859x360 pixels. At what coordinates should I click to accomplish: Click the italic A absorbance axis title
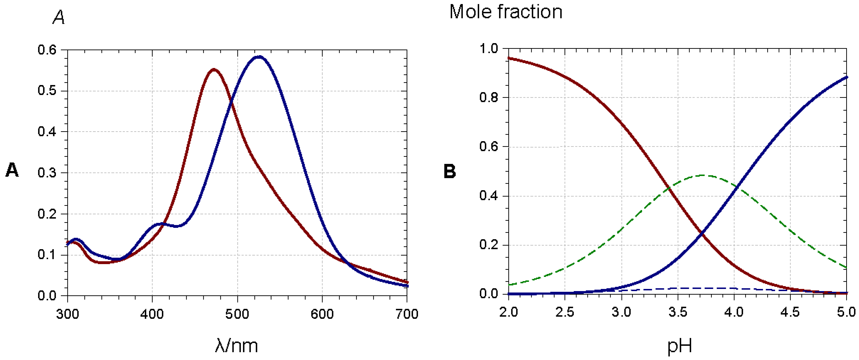(59, 17)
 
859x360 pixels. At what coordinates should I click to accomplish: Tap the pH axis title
(680, 346)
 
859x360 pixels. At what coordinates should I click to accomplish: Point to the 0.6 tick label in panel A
(47, 50)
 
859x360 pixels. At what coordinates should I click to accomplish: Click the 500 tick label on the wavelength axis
(237, 314)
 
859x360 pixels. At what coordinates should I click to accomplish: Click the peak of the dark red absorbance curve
(214, 70)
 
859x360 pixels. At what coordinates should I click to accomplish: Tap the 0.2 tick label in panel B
(489, 245)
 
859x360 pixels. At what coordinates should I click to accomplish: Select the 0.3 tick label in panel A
(47, 173)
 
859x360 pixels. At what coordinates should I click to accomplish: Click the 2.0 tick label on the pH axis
(509, 312)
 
